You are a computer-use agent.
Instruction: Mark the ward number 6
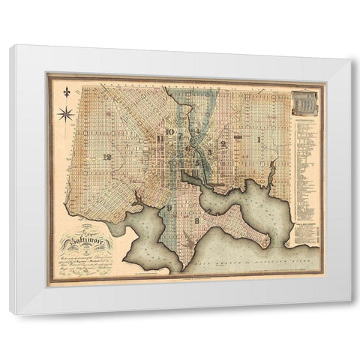pos(188,149)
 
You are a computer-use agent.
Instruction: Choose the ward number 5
pos(196,162)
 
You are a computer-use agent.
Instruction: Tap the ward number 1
pos(259,139)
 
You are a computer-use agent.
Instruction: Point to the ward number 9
pos(169,208)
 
